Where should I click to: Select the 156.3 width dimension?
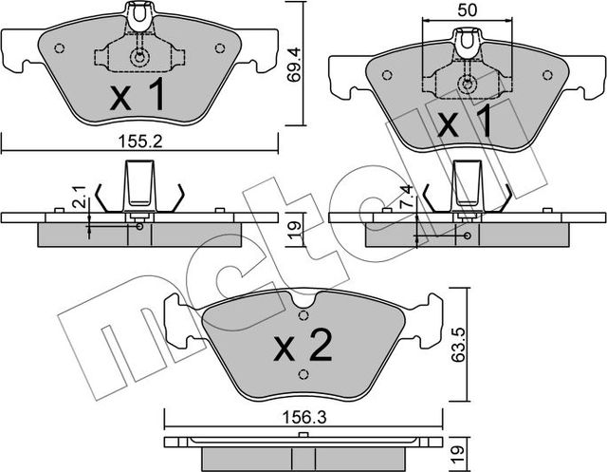(303, 402)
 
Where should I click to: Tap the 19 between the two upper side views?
(294, 229)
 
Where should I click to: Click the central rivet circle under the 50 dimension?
(467, 85)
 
